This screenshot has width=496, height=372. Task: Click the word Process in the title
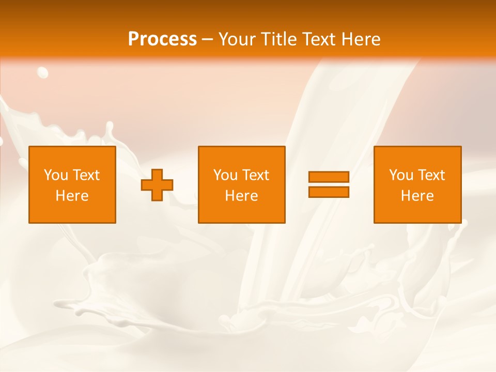click(162, 39)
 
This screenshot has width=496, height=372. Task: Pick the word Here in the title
click(362, 39)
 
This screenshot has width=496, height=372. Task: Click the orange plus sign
click(157, 185)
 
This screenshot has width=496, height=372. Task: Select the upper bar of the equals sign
click(329, 177)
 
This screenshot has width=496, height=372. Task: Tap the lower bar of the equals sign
click(329, 192)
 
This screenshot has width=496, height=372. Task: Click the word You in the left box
click(56, 175)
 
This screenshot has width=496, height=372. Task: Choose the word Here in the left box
click(72, 196)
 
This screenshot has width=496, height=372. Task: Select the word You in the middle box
click(225, 175)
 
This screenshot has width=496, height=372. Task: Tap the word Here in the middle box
click(241, 196)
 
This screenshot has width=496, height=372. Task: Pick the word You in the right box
click(401, 175)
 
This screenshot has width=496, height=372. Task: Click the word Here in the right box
click(417, 196)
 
